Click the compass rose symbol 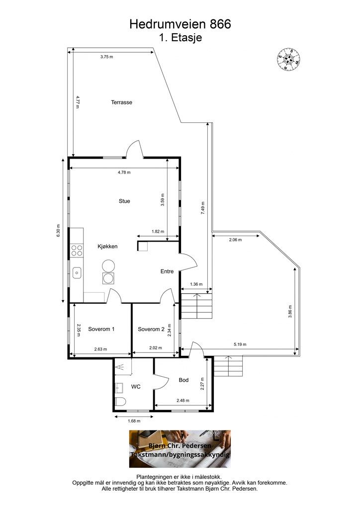pyautogui.click(x=288, y=59)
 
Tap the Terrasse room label pyautogui.click(x=121, y=102)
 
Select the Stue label pyautogui.click(x=124, y=201)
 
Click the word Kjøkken pyautogui.click(x=107, y=247)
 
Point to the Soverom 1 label pyautogui.click(x=101, y=329)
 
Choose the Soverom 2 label pyautogui.click(x=151, y=329)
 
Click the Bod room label pyautogui.click(x=184, y=380)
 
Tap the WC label pyautogui.click(x=136, y=387)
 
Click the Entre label pyautogui.click(x=167, y=271)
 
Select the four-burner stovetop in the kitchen pyautogui.click(x=77, y=251)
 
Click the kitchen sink pyautogui.click(x=77, y=273)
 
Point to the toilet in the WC pyautogui.click(x=120, y=402)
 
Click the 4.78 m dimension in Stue pyautogui.click(x=124, y=172)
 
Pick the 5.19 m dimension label pyautogui.click(x=240, y=344)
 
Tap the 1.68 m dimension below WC pyautogui.click(x=134, y=421)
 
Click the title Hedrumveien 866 pyautogui.click(x=180, y=24)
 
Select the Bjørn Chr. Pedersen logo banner pyautogui.click(x=180, y=449)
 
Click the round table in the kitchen pyautogui.click(x=108, y=266)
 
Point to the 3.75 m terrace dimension pyautogui.click(x=106, y=57)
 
